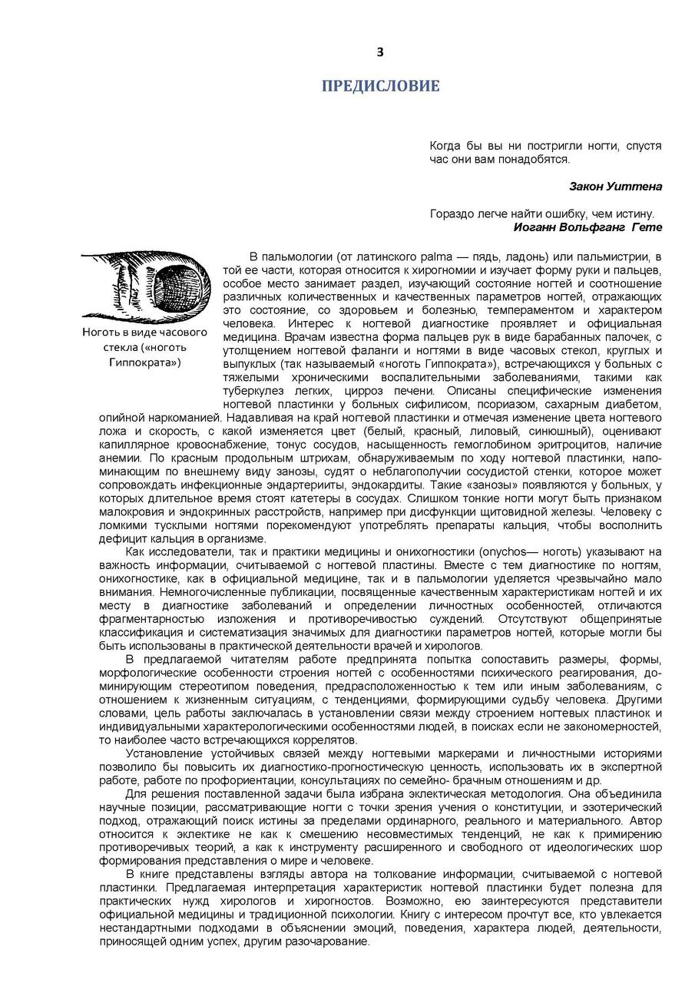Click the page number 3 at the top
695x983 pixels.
point(379,52)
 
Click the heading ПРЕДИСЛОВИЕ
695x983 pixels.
point(380,86)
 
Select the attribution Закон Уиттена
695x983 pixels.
point(616,186)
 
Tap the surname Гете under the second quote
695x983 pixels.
point(646,227)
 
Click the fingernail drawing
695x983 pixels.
point(145,283)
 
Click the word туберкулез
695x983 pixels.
point(252,391)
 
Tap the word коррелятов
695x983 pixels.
point(319,740)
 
